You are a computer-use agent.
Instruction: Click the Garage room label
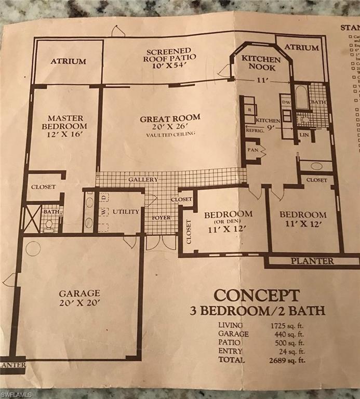click(x=79, y=293)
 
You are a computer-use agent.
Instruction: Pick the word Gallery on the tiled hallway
click(x=143, y=179)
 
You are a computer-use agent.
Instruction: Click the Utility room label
click(x=126, y=211)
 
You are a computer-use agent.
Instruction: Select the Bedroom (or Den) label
click(x=228, y=214)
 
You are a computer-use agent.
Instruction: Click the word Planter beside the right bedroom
click(x=312, y=261)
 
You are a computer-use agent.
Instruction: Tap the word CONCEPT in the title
click(x=257, y=295)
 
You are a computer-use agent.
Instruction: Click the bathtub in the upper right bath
click(x=302, y=97)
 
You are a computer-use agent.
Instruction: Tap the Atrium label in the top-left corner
click(x=68, y=61)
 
